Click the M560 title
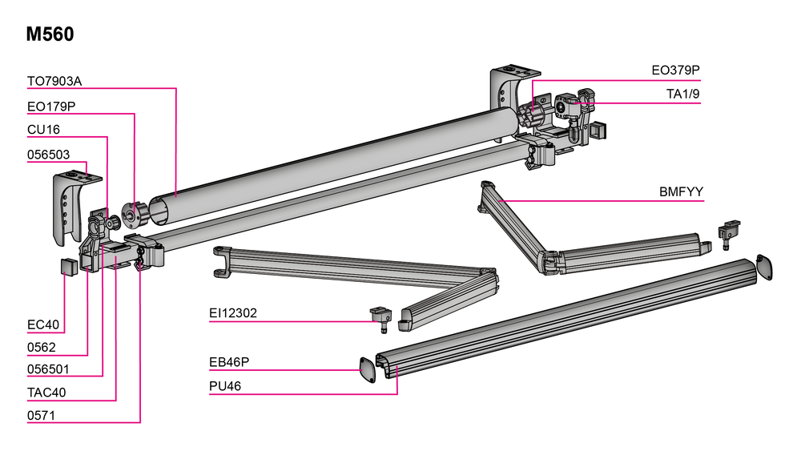click(x=50, y=34)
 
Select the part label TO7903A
click(x=55, y=81)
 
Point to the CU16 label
click(x=43, y=130)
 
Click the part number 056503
click(x=49, y=155)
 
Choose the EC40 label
click(x=44, y=324)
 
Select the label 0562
click(x=42, y=347)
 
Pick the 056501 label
click(x=49, y=369)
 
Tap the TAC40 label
click(x=46, y=393)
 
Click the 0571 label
click(x=42, y=415)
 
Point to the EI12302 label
click(x=233, y=313)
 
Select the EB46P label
click(x=229, y=362)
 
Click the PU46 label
click(x=225, y=386)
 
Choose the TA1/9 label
click(x=682, y=95)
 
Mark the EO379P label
click(x=675, y=71)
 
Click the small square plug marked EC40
click(x=66, y=267)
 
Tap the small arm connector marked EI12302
click(x=379, y=315)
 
